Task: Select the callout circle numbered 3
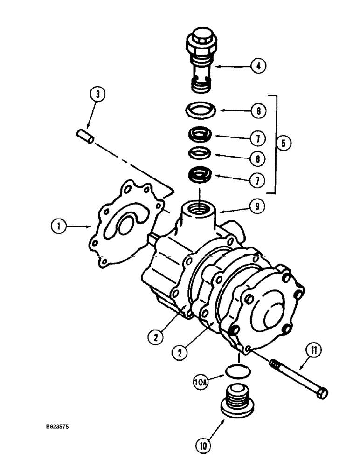point(97,95)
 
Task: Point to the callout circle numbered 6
point(258,111)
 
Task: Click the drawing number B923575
point(61,425)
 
